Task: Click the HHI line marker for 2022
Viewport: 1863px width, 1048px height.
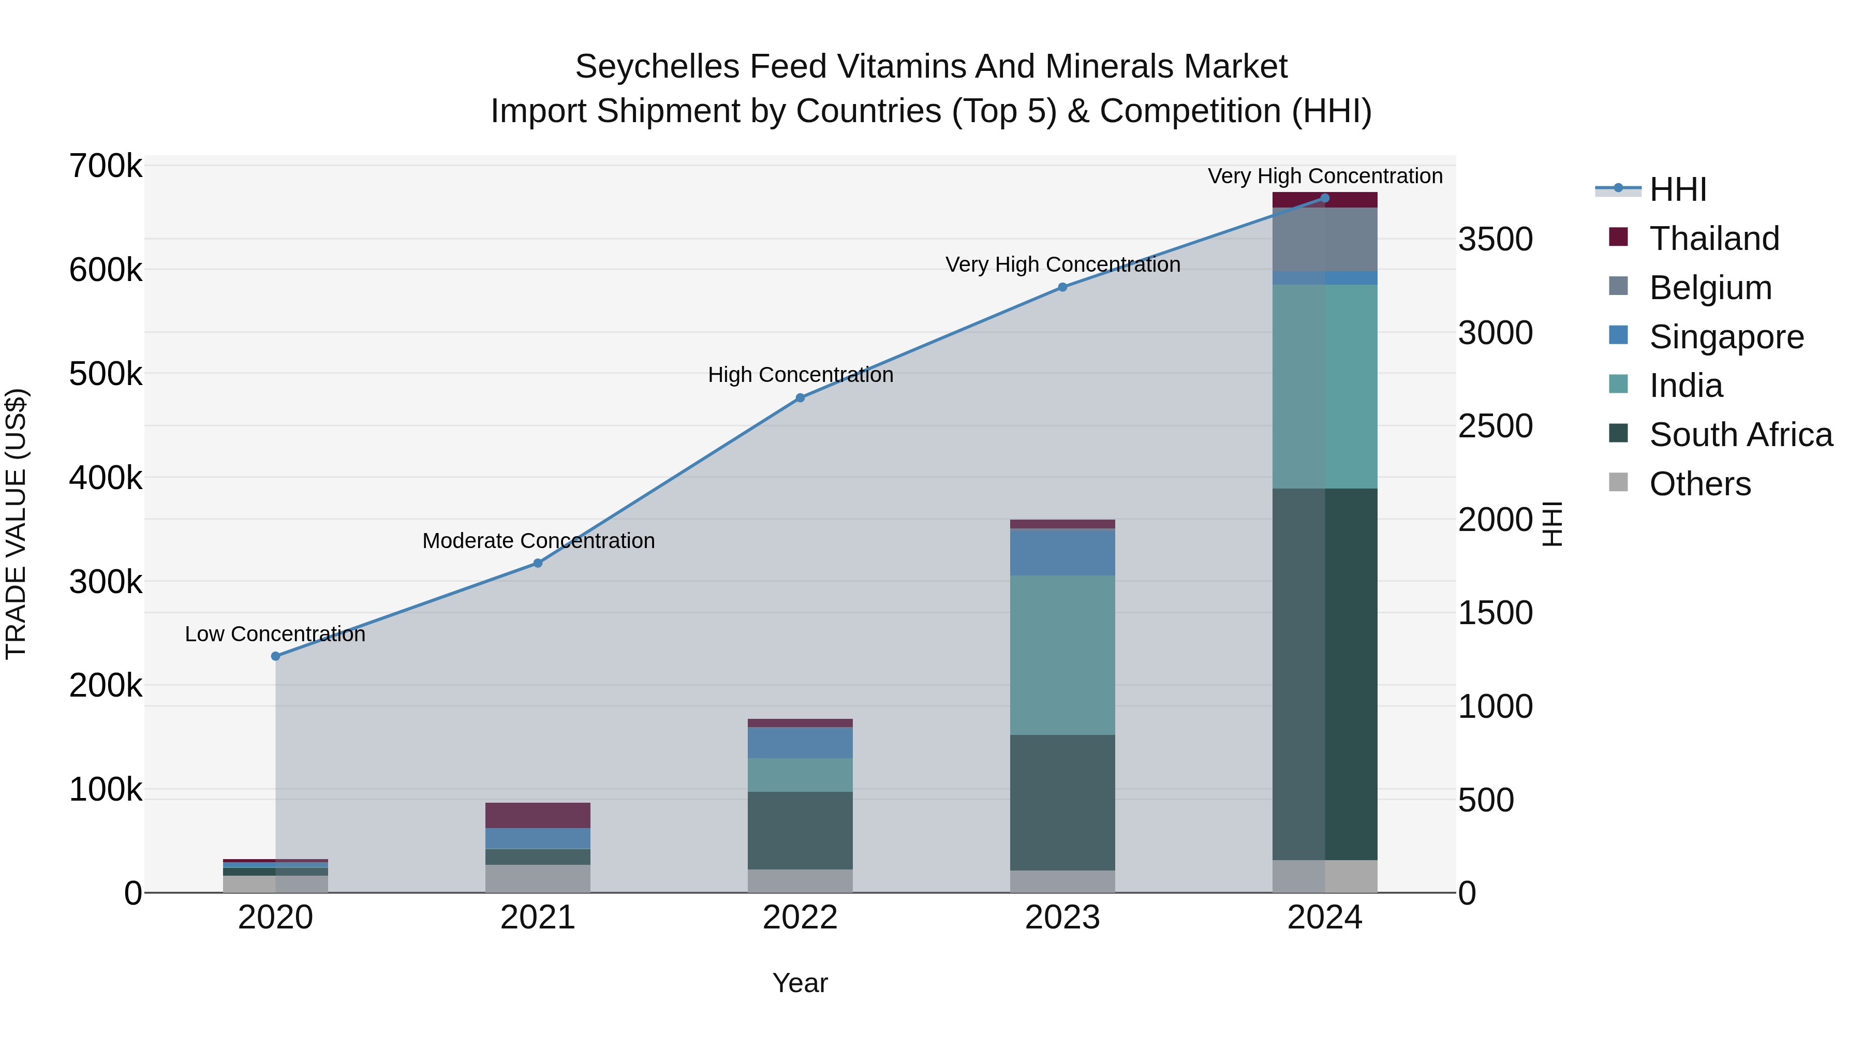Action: (800, 398)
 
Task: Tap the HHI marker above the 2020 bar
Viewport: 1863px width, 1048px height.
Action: (275, 656)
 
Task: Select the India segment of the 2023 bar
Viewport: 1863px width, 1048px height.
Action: (1062, 655)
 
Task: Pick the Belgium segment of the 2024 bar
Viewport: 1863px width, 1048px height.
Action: (1325, 240)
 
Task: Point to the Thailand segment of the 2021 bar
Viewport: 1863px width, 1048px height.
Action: (537, 815)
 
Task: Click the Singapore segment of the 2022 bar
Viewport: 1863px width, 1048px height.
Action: (800, 742)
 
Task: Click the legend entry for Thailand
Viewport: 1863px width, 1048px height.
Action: (1713, 239)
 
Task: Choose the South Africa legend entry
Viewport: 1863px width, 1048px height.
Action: (1740, 435)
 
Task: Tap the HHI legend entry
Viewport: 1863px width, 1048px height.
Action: (1677, 189)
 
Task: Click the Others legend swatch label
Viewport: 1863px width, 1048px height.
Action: (1699, 484)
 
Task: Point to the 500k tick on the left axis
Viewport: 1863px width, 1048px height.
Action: (106, 374)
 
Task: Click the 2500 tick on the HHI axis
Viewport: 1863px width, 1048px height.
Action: (1495, 426)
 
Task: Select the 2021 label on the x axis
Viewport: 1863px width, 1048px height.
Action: (537, 918)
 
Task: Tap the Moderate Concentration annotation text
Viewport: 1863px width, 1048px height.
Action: (538, 540)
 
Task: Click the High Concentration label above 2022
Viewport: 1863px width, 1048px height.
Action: (800, 375)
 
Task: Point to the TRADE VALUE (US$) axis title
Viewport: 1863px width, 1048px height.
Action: (16, 524)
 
